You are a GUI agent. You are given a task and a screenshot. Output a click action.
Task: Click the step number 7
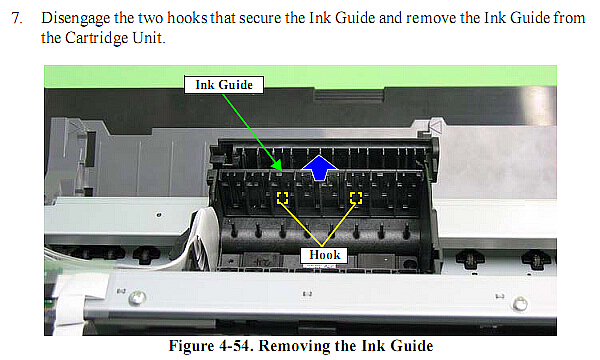click(x=16, y=18)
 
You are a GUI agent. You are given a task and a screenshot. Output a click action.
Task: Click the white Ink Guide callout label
click(x=224, y=85)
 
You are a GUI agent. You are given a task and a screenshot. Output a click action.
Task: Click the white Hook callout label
click(x=324, y=255)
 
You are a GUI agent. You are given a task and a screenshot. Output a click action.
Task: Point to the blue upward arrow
click(x=319, y=167)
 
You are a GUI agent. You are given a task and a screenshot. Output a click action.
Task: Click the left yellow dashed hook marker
click(x=282, y=197)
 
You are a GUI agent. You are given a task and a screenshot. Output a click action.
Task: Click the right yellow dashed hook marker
click(x=356, y=197)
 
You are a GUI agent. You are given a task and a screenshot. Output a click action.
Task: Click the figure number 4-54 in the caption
click(x=234, y=345)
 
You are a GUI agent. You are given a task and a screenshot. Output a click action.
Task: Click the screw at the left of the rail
click(x=137, y=298)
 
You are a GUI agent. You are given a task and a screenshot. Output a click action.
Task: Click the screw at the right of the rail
click(x=520, y=304)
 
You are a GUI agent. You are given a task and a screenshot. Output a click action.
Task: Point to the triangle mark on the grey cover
click(x=435, y=126)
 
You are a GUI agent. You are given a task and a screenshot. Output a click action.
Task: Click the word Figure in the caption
click(x=192, y=346)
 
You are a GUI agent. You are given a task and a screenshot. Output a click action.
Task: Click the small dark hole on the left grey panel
click(x=159, y=215)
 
